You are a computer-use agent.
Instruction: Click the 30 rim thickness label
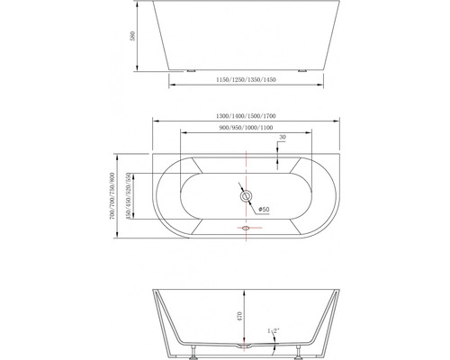click(x=283, y=138)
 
